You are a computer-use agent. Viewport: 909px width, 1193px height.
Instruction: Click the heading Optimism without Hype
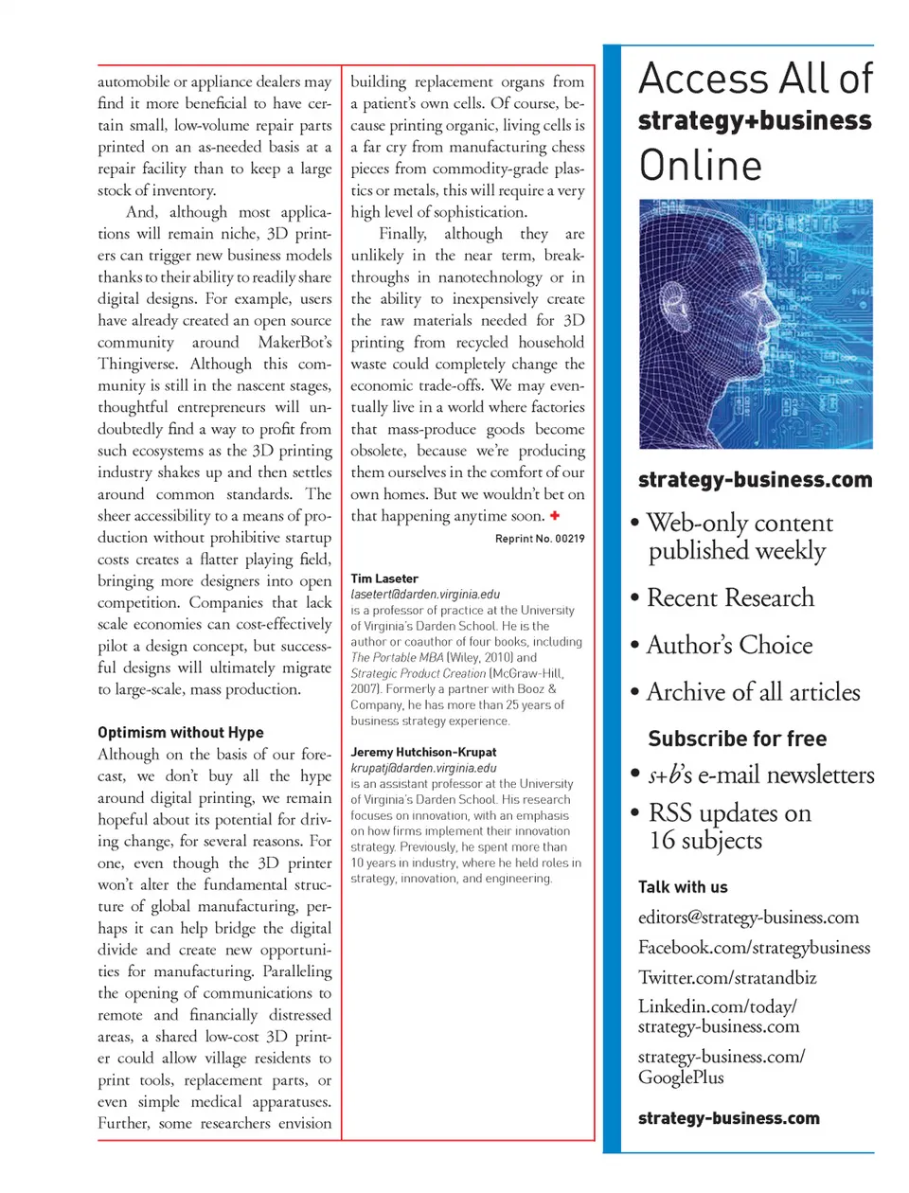pyautogui.click(x=180, y=732)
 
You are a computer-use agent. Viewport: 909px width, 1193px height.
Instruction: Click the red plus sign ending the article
pyautogui.click(x=555, y=516)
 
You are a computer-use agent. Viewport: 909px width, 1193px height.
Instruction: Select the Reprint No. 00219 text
pyautogui.click(x=540, y=539)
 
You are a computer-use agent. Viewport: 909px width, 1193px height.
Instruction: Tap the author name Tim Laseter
pyautogui.click(x=384, y=579)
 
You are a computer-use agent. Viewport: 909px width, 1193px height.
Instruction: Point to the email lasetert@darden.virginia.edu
pyautogui.click(x=425, y=595)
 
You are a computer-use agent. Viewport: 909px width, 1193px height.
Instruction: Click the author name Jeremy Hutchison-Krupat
pyautogui.click(x=423, y=752)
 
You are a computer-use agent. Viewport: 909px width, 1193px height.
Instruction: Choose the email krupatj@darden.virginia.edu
pyautogui.click(x=423, y=768)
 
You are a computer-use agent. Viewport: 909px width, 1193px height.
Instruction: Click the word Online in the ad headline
pyautogui.click(x=701, y=166)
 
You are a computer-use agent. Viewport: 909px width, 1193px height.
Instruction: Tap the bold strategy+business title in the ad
pyautogui.click(x=755, y=121)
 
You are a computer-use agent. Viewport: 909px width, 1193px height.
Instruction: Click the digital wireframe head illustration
pyautogui.click(x=756, y=324)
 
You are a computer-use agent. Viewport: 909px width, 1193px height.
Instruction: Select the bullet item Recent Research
pyautogui.click(x=730, y=597)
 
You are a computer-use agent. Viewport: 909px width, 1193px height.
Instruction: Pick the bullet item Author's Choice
pyautogui.click(x=729, y=645)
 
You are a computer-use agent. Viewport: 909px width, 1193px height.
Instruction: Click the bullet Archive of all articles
pyautogui.click(x=753, y=692)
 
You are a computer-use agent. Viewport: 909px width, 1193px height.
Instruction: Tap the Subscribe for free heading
pyautogui.click(x=737, y=739)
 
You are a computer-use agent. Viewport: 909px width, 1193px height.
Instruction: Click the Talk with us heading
pyautogui.click(x=683, y=887)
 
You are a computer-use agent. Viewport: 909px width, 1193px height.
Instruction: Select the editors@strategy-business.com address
pyautogui.click(x=748, y=917)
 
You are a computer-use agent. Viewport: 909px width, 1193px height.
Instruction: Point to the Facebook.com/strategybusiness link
pyautogui.click(x=754, y=948)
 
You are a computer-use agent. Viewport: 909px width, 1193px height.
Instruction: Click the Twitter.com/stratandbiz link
pyautogui.click(x=727, y=978)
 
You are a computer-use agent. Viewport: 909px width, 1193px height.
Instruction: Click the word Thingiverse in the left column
pyautogui.click(x=140, y=365)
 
